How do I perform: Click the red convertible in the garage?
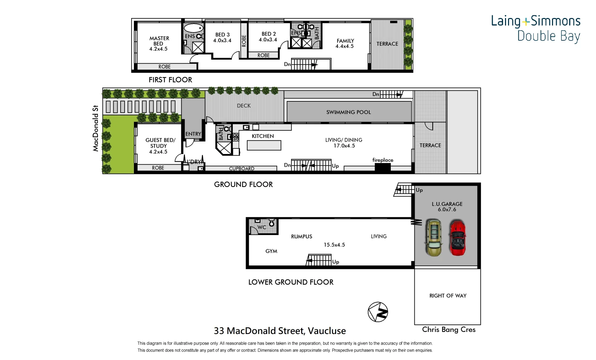coord(458,237)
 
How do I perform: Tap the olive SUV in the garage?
coord(433,237)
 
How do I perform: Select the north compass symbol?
coord(378,312)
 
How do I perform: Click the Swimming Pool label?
coord(348,112)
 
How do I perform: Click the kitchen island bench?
coord(264,145)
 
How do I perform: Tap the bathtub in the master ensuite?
coord(193,28)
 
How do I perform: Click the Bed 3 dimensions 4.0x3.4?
coord(222,41)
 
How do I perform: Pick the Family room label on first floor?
coord(345,41)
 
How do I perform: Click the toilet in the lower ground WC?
coord(272,223)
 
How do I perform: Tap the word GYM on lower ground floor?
coord(271,251)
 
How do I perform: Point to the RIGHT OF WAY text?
coord(448,296)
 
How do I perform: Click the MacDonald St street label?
coord(96,128)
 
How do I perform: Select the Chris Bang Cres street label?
coord(448,330)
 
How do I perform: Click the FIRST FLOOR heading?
coord(170,80)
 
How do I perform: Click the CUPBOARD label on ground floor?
coord(242,169)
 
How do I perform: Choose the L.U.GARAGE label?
coord(447,204)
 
